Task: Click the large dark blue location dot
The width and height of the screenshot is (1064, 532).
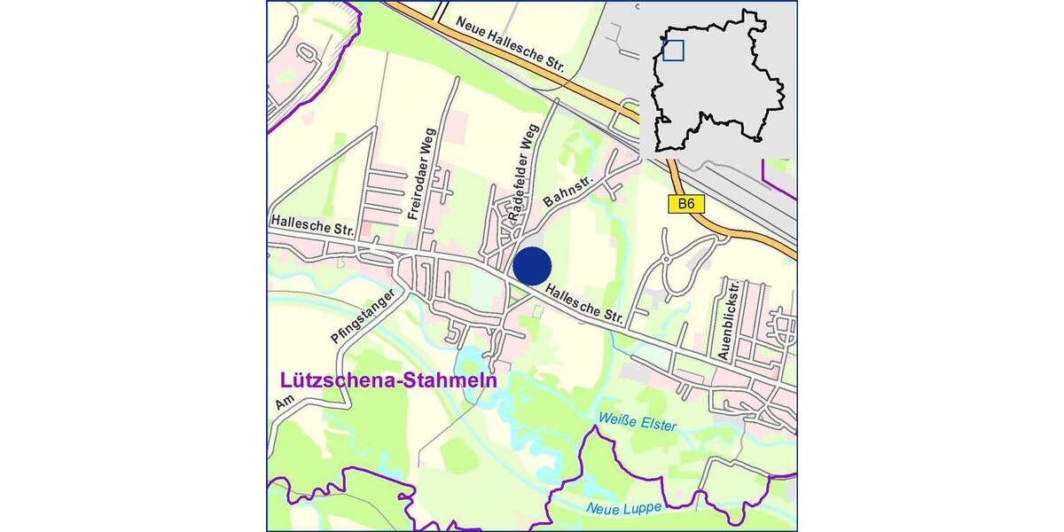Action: tap(533, 266)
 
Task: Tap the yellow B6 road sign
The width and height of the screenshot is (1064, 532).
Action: tap(685, 204)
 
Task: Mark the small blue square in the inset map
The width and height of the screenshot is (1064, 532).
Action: tap(673, 51)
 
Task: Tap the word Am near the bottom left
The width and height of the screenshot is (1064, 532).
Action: tap(284, 403)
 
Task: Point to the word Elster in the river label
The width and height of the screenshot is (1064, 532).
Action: tap(656, 425)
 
